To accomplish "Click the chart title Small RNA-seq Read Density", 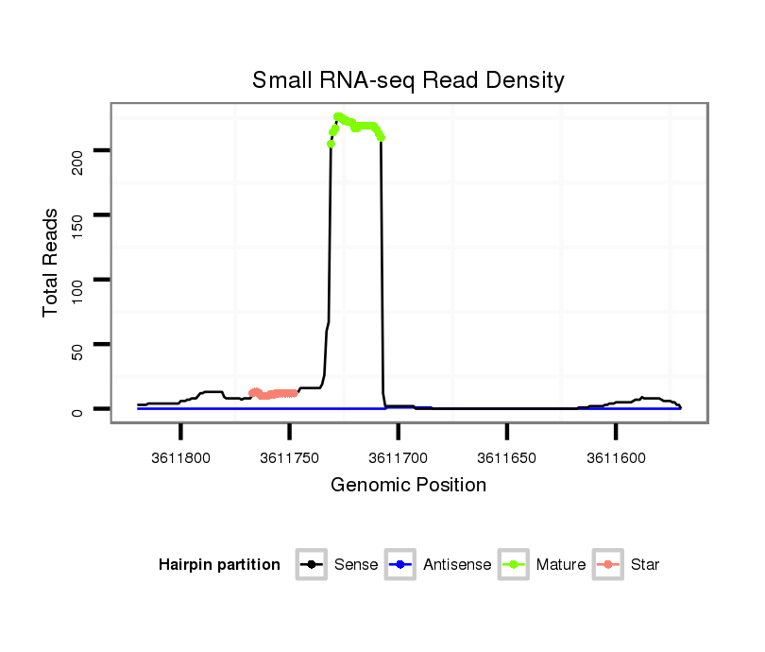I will click(408, 80).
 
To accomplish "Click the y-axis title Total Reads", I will click(52, 264).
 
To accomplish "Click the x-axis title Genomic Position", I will click(408, 486).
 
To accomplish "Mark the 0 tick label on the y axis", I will click(78, 410).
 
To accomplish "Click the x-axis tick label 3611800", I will click(180, 458).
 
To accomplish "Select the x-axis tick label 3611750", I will click(289, 458).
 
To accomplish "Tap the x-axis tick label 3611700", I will click(398, 458).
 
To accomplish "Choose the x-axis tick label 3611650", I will click(507, 458).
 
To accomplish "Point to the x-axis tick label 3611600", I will click(616, 458).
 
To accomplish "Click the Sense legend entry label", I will click(356, 565).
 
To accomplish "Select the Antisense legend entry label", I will click(457, 565).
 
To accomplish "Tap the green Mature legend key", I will click(514, 565).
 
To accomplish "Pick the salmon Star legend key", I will click(608, 565).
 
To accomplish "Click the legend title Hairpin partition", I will click(219, 565).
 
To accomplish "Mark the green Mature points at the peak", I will click(359, 124).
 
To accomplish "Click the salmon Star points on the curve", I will click(273, 393).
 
